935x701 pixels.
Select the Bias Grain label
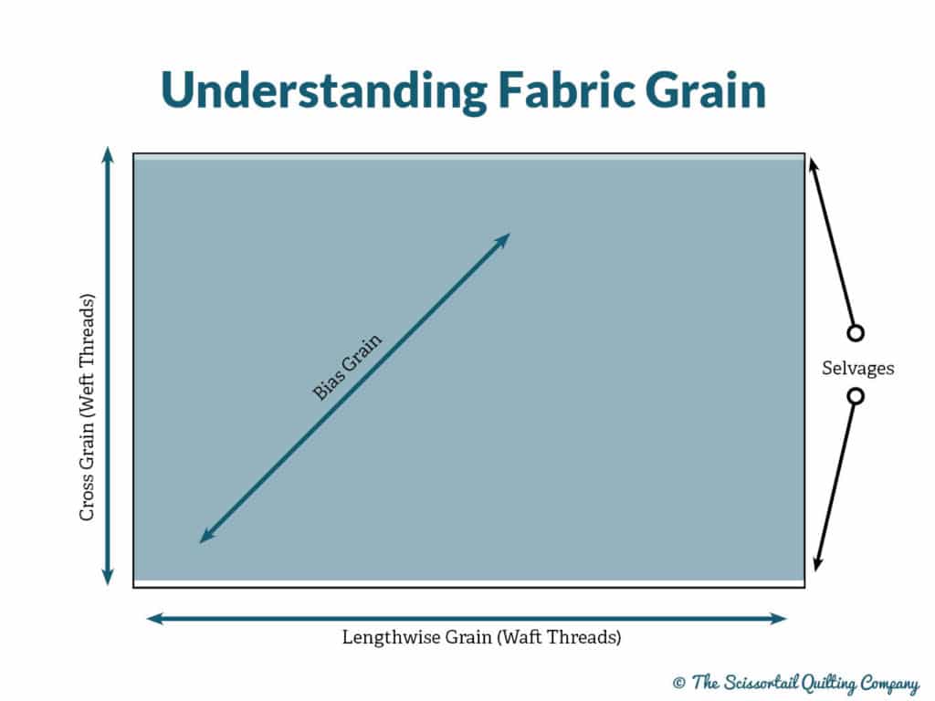[x=347, y=367]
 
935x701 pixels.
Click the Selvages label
[x=857, y=368]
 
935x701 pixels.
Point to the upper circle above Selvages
[x=856, y=332]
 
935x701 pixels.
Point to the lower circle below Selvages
[x=856, y=396]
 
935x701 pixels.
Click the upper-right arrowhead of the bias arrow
[x=503, y=240]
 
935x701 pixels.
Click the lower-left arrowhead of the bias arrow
[x=206, y=536]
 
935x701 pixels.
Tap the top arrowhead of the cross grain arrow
[x=108, y=153]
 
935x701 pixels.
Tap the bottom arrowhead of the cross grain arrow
[x=108, y=577]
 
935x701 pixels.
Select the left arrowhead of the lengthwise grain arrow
[x=155, y=619]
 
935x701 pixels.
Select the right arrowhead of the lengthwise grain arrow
[x=779, y=619]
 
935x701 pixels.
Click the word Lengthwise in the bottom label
[x=392, y=638]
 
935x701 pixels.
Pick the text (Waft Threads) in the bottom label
[x=559, y=638]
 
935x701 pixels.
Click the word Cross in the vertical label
[x=87, y=497]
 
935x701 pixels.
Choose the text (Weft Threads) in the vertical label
[x=87, y=354]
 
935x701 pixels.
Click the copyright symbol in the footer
[x=678, y=682]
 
